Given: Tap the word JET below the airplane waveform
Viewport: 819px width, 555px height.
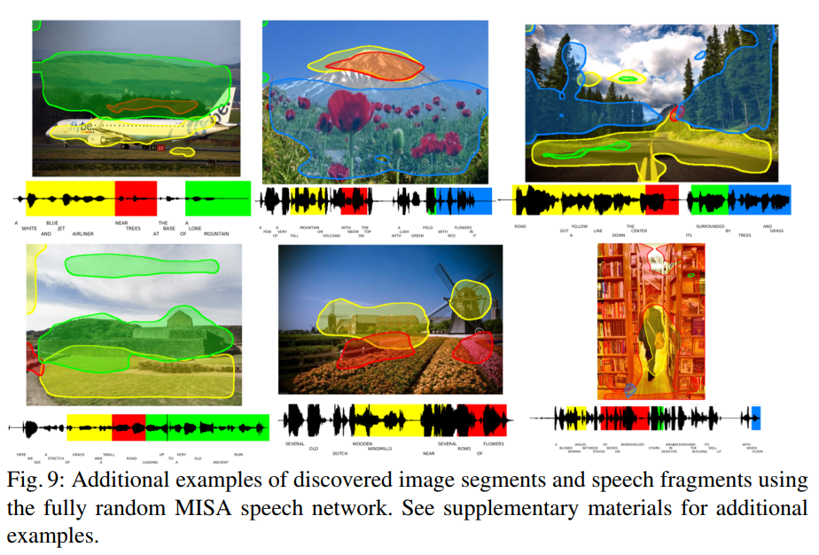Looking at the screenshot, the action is pos(61,228).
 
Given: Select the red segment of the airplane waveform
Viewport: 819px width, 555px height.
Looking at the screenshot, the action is pos(136,196).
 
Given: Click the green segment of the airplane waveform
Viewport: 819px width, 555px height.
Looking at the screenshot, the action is pos(218,196).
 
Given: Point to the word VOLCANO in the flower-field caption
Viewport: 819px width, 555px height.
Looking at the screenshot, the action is pos(331,236).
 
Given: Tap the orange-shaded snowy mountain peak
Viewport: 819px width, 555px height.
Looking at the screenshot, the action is pos(372,65).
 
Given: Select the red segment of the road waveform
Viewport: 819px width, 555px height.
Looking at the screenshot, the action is pos(661,199).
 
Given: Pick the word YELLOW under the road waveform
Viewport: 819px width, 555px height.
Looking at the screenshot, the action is pos(580,227).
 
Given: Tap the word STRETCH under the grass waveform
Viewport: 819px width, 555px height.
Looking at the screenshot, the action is pos(56,457).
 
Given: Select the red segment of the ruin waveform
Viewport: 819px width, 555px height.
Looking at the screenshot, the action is pos(129,426).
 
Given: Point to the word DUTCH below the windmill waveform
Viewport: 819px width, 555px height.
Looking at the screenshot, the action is pos(340,453).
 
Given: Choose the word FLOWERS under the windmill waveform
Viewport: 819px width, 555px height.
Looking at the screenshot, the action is pos(493,443).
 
